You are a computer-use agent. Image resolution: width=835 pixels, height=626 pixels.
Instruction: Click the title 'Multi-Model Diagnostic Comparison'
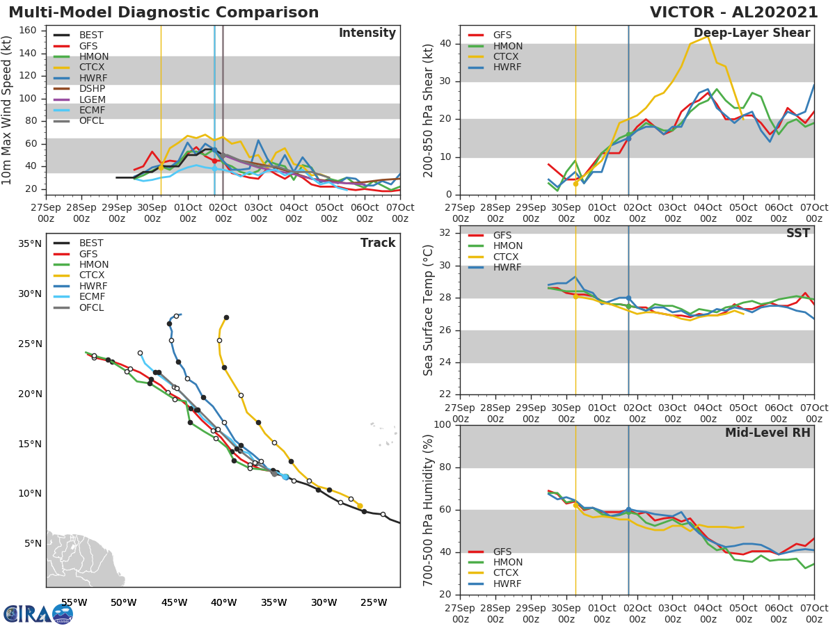[x=164, y=13]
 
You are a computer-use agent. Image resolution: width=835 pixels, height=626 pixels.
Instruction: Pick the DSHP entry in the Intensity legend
[x=92, y=88]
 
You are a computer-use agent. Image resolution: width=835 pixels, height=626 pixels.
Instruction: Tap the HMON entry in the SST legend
[x=507, y=246]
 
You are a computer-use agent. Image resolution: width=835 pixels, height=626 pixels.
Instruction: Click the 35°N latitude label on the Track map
[x=29, y=244]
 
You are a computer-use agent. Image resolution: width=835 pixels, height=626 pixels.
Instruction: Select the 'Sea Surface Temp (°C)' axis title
[x=428, y=310]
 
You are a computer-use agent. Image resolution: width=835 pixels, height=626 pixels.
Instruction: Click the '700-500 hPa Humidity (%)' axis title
[x=428, y=509]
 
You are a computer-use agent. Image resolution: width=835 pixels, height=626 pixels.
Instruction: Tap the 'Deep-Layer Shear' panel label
[x=751, y=33]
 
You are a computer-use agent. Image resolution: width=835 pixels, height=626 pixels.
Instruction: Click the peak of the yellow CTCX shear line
[x=708, y=37]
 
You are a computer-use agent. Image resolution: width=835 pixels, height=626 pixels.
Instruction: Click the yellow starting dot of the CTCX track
[x=360, y=506]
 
